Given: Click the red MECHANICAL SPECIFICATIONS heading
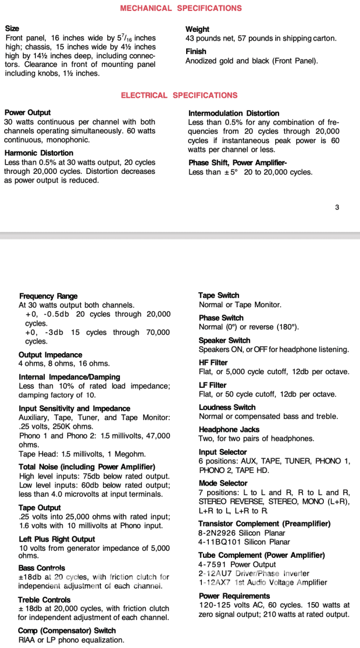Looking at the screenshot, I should pyautogui.click(x=181, y=8).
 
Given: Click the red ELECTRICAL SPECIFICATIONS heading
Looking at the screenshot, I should pyautogui.click(x=179, y=96).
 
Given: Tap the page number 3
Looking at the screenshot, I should pyautogui.click(x=337, y=207).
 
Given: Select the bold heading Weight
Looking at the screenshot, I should pyautogui.click(x=197, y=29).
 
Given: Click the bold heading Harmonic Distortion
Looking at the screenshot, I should pyautogui.click(x=39, y=153).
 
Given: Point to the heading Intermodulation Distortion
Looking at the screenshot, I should pyautogui.click(x=234, y=113).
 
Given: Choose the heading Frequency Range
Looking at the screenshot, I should pyautogui.click(x=48, y=296).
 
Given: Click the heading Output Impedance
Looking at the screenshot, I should pyautogui.click(x=50, y=355).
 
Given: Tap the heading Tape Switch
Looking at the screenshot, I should pyautogui.click(x=219, y=295).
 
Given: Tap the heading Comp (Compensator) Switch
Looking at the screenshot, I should pyautogui.click(x=67, y=631).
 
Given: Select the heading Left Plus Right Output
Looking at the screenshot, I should pyautogui.click(x=57, y=539).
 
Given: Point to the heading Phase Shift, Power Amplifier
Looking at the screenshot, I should pyautogui.click(x=237, y=163).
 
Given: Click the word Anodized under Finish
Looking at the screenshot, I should pyautogui.click(x=202, y=60).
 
